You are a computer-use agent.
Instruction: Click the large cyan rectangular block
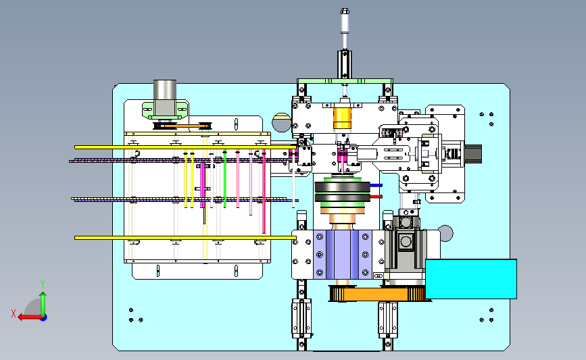pyautogui.click(x=471, y=279)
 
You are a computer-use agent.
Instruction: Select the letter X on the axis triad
pyautogui.click(x=14, y=313)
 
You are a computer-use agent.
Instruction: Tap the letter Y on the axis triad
pyautogui.click(x=43, y=284)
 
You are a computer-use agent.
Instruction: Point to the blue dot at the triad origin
pyautogui.click(x=44, y=318)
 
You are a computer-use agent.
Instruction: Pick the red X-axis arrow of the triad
pyautogui.click(x=30, y=317)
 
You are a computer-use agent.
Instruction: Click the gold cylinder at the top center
pyautogui.click(x=342, y=118)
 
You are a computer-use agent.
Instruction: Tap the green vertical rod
pyautogui.click(x=224, y=178)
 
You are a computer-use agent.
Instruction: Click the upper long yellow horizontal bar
pyautogui.click(x=186, y=147)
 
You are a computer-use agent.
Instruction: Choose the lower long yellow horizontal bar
pyautogui.click(x=185, y=238)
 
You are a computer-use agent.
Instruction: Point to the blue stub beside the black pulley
pyautogui.click(x=376, y=185)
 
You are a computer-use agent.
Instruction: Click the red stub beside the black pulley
pyautogui.click(x=376, y=197)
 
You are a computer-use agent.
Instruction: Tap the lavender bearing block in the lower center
pyautogui.click(x=342, y=255)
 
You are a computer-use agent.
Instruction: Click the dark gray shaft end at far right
pyautogui.click(x=473, y=153)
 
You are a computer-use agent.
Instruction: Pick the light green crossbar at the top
pyautogui.click(x=345, y=81)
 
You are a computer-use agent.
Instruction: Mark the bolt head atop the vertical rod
pyautogui.click(x=345, y=11)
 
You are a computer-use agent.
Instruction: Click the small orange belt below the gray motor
pyautogui.click(x=182, y=126)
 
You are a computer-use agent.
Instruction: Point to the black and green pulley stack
pyautogui.click(x=342, y=191)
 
